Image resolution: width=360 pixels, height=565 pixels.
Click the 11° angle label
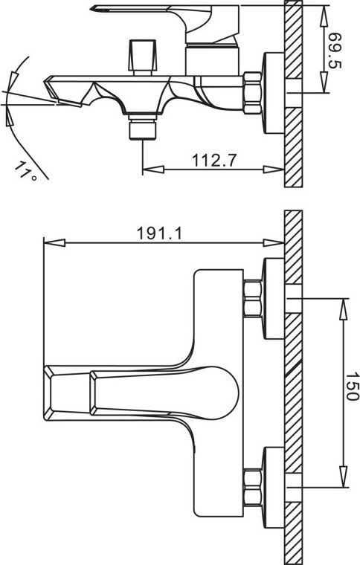click(x=25, y=172)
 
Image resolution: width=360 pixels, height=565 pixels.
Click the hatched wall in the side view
click(x=293, y=97)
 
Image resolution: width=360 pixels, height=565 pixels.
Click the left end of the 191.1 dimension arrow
click(x=47, y=242)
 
